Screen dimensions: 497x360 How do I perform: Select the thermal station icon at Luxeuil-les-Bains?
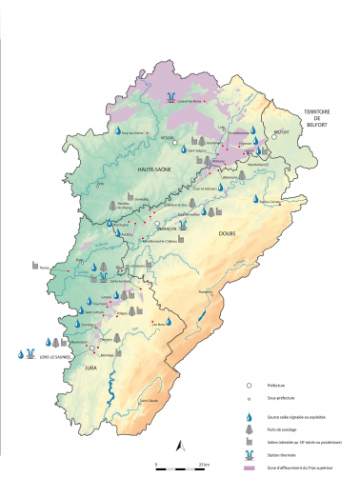point(170,97)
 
